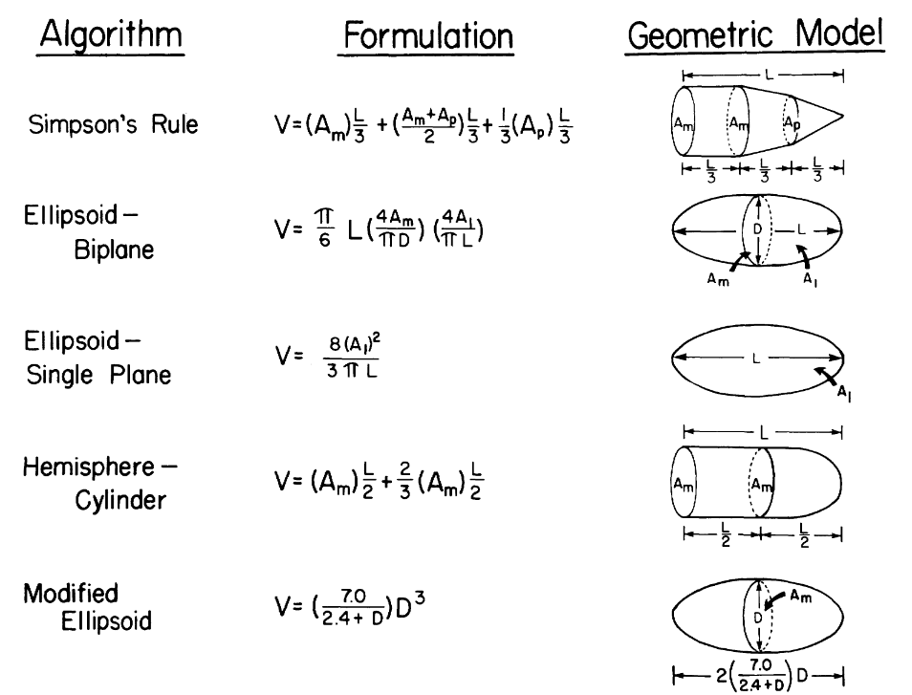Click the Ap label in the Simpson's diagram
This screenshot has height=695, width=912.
coord(790,122)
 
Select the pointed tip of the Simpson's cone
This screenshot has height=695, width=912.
coord(842,116)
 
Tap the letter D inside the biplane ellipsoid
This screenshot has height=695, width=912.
coord(758,229)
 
